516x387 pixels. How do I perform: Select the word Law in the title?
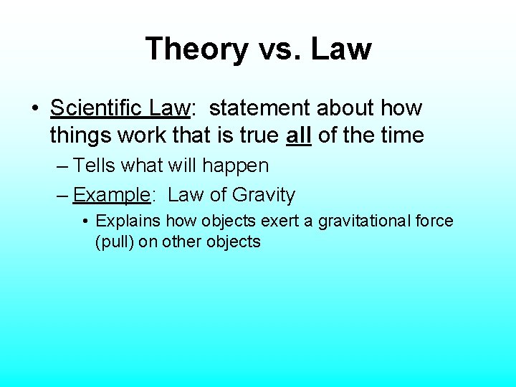(341, 49)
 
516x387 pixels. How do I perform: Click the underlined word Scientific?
(97, 109)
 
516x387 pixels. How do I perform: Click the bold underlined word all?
(298, 135)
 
